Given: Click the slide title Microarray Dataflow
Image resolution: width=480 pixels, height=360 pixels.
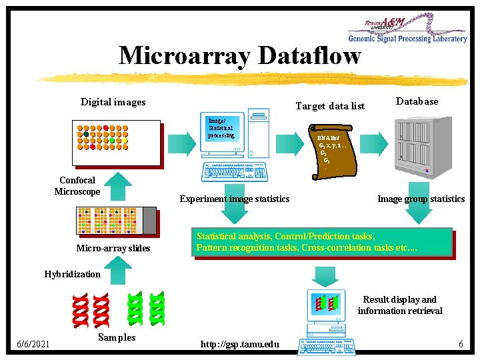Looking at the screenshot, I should (239, 55).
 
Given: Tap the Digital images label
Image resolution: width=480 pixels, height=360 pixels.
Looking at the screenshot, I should (113, 102).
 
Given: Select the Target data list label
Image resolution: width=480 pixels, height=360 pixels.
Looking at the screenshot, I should (330, 106).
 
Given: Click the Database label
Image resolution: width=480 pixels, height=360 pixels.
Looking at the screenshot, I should (417, 101).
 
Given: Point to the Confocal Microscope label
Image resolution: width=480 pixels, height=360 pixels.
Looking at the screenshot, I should (77, 186).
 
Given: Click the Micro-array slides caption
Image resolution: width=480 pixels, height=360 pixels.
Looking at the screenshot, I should (113, 249).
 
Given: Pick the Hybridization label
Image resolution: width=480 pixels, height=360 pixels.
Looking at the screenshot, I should (72, 274).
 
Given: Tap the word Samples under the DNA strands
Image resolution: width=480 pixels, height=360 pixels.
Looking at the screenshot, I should (116, 337).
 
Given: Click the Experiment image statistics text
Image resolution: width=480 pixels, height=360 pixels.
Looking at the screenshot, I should (235, 199).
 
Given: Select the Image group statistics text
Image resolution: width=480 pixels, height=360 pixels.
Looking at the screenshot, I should (421, 199).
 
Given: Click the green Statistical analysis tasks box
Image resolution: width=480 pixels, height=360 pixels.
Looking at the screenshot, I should (323, 243).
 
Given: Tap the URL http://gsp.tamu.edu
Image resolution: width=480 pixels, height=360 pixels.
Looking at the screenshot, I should (240, 344).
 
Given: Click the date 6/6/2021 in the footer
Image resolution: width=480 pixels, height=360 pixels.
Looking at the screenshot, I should (33, 344).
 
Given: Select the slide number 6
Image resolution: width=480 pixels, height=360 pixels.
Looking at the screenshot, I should (461, 344).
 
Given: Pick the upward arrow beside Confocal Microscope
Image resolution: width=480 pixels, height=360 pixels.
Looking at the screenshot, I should (117, 186).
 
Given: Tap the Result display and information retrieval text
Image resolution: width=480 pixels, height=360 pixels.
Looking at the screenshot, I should (399, 305).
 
